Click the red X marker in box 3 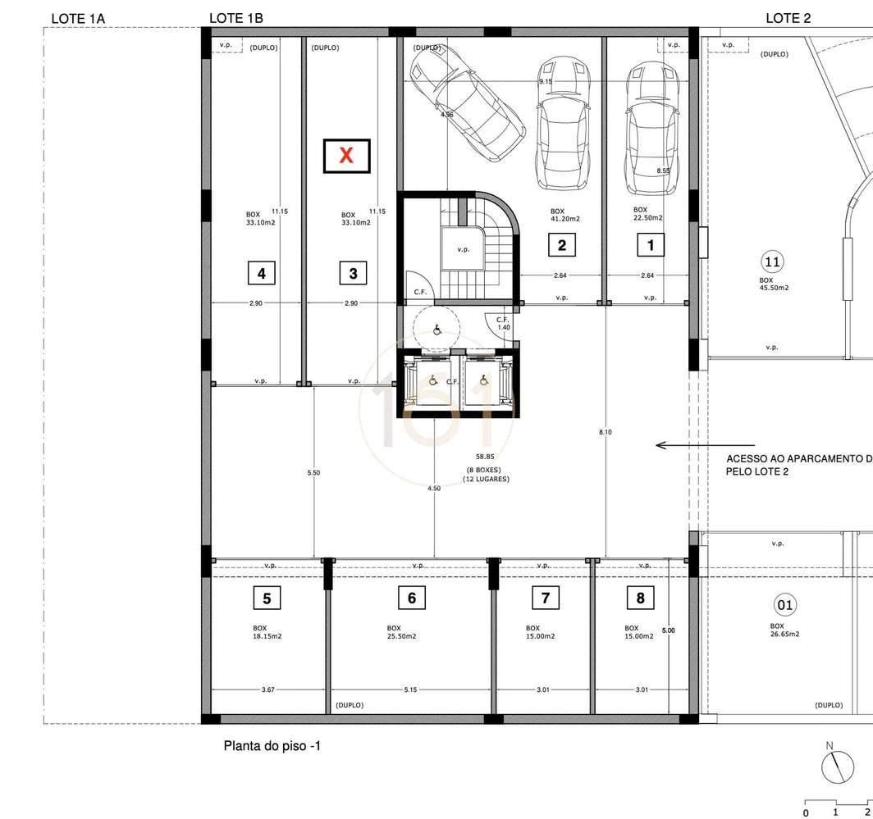pos(346,156)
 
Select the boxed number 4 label pos(261,273)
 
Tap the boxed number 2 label pos(561,244)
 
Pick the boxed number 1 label pos(651,244)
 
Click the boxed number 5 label pos(267,598)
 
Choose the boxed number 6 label pos(411,598)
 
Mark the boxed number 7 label pos(545,598)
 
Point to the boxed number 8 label pos(641,598)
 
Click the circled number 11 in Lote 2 pos(771,262)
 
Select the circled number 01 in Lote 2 pos(785,606)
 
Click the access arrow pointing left pos(682,446)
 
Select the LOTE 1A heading pos(78,18)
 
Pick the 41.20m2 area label pos(565,219)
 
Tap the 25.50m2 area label pos(401,637)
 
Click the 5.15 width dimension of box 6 pos(410,690)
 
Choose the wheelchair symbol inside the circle pos(437,330)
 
